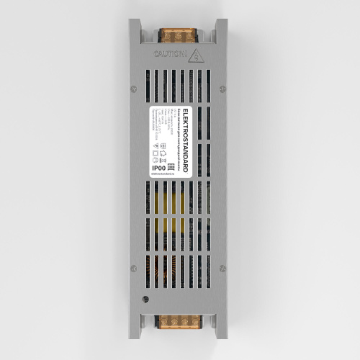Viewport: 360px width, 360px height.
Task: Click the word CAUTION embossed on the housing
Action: pyautogui.click(x=170, y=54)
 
